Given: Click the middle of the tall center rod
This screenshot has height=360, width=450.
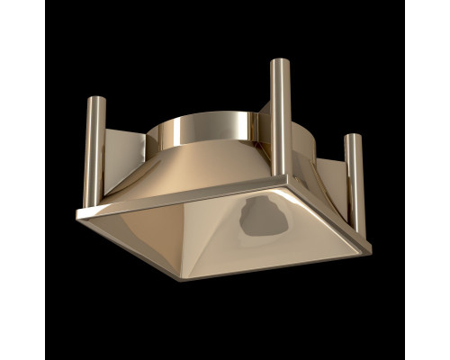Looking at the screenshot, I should [280, 117].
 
